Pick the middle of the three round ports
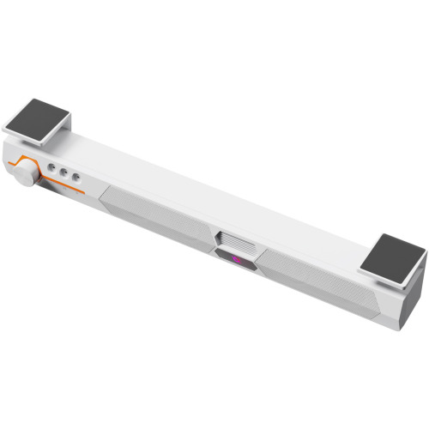pyautogui.click(x=64, y=173)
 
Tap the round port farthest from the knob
pyautogui.click(x=76, y=178)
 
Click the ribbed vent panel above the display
pyautogui.click(x=235, y=239)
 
